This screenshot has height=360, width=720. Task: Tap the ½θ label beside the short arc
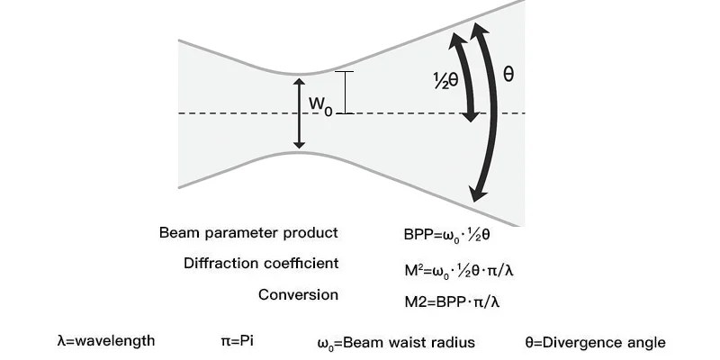coord(445,79)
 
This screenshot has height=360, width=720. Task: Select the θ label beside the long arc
coord(508,74)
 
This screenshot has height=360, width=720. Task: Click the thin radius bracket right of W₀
coord(344,93)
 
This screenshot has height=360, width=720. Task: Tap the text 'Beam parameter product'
coord(248,233)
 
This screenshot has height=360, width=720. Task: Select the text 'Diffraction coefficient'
coord(261,264)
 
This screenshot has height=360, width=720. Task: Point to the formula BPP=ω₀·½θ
coord(451,236)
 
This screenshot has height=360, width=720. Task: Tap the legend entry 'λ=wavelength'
coord(105,342)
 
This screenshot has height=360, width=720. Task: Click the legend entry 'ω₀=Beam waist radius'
coord(396,343)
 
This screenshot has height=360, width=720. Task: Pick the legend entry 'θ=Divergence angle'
coord(595,342)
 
